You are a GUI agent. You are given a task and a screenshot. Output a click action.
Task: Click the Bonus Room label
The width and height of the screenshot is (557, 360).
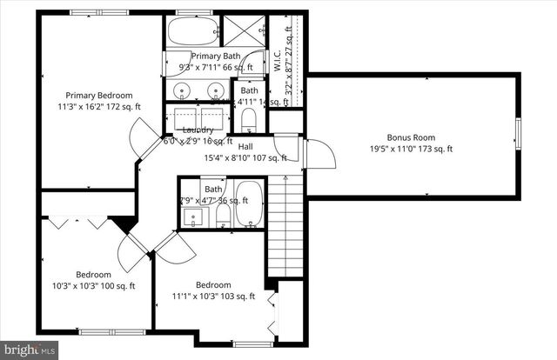[x=411, y=137]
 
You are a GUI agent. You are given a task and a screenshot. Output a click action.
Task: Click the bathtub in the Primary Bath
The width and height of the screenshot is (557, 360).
[x=189, y=33]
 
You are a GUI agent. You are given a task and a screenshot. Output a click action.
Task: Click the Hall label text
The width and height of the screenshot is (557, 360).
[x=245, y=147]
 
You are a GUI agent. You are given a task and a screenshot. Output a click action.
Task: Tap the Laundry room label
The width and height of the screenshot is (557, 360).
[x=198, y=130]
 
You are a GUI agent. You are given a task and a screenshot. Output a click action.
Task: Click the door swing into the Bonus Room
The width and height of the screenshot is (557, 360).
[x=319, y=155]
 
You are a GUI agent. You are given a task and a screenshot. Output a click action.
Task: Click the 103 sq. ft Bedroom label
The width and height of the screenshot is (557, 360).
[x=212, y=285]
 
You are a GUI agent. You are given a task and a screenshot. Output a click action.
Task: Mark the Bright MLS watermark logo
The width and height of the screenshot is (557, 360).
[x=29, y=350]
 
